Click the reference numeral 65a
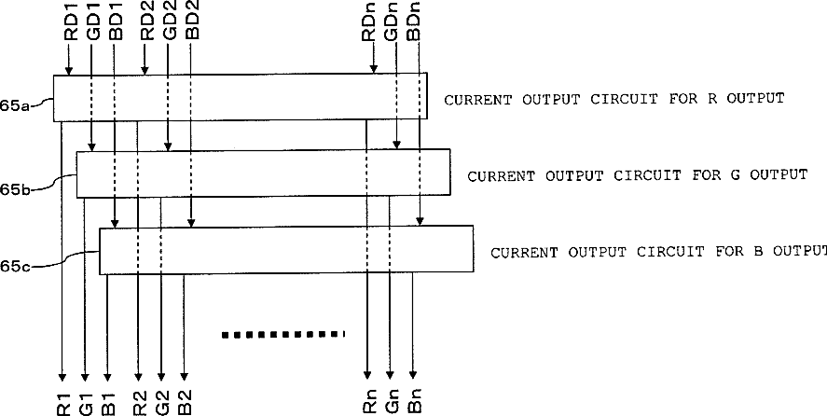point(16,106)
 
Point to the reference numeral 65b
point(16,189)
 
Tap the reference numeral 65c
point(16,267)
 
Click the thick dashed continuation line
point(283,333)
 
